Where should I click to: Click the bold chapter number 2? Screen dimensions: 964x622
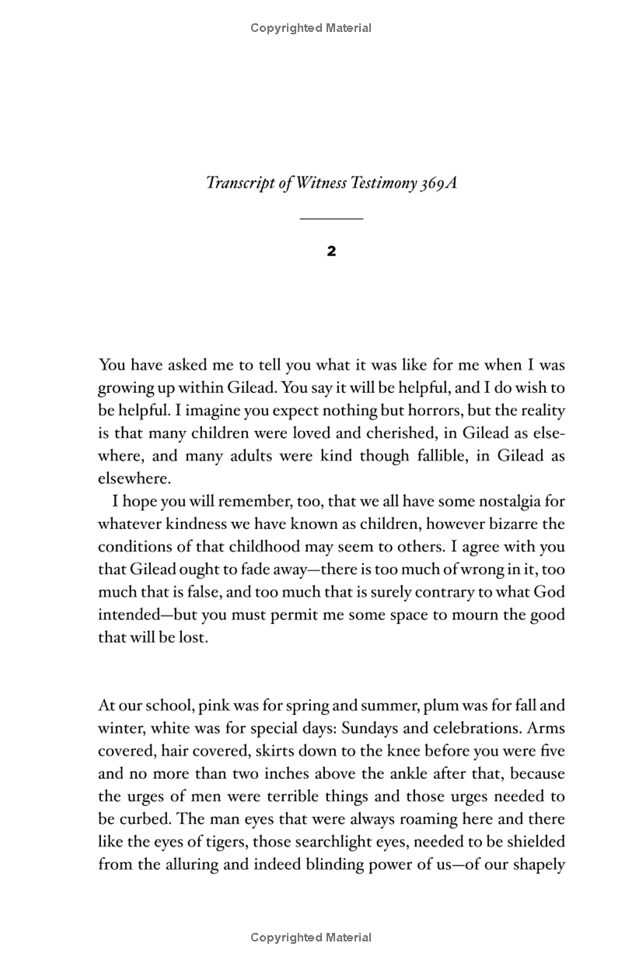[x=331, y=251]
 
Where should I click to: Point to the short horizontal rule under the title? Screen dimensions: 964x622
[x=331, y=219]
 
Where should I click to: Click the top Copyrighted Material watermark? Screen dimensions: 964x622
[x=311, y=28]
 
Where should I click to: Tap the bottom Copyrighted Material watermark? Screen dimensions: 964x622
[x=311, y=938]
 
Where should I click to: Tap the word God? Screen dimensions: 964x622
[x=549, y=592]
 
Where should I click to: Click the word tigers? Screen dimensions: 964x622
[x=211, y=842]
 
